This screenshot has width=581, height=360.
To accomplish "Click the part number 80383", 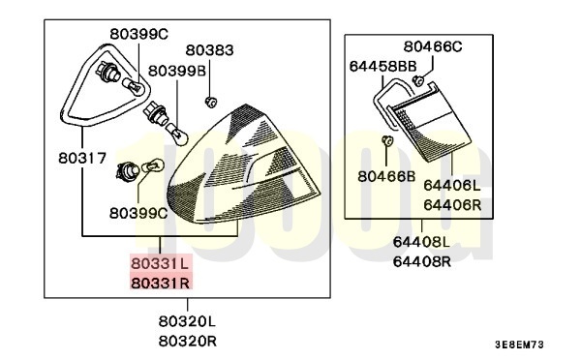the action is pos(209,49).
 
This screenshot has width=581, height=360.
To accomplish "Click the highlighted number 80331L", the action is pos(162,262).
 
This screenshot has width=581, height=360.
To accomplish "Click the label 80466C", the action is pos(433,45).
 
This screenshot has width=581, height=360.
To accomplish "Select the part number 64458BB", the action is pos(382,66).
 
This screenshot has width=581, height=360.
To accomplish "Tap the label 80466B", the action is pos(385,176).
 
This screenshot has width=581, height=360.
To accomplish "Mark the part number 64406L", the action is pos(452,185).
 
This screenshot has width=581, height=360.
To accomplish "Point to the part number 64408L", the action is pos(421,243).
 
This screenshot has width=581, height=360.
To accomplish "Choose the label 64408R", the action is pos(421,261).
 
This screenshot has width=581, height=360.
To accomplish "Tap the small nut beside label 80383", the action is pos(209,100).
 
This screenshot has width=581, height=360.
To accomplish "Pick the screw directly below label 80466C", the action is pos(416,80).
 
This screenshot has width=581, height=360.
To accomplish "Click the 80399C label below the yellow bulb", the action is pos(138,212).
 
